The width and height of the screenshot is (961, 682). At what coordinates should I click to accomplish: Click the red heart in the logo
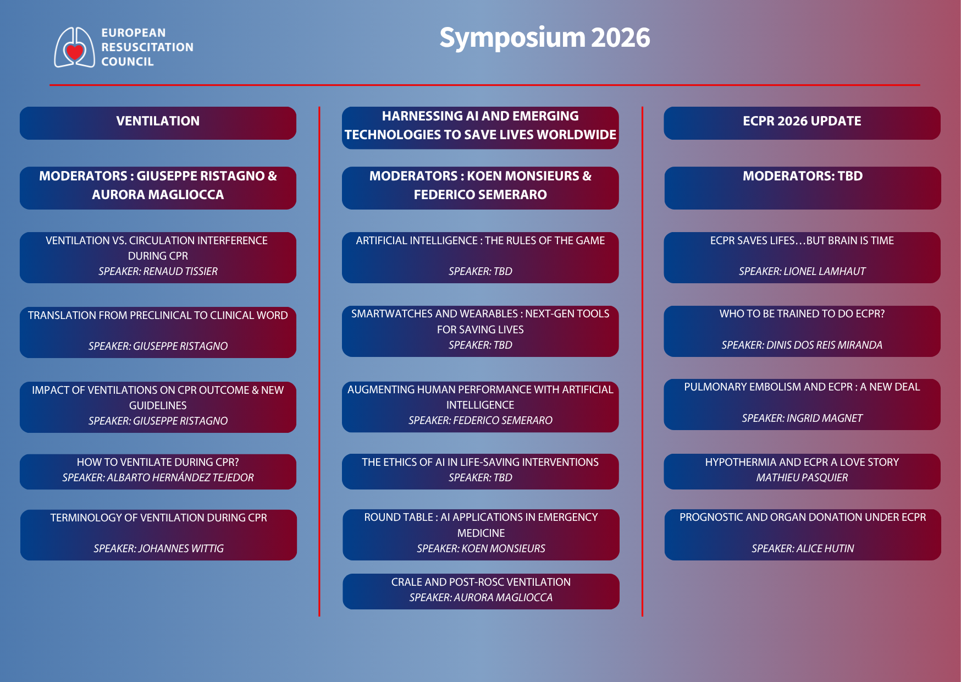click(74, 53)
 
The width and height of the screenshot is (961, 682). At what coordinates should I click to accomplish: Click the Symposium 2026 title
click(544, 38)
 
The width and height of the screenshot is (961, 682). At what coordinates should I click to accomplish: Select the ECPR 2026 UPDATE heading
click(802, 122)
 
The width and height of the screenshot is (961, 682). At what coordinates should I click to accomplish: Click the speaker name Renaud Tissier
click(180, 271)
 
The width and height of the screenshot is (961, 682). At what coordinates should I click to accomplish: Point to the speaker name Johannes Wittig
click(181, 548)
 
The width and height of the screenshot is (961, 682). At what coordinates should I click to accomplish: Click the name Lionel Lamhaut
click(824, 271)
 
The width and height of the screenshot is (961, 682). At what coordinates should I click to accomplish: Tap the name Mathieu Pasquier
click(802, 477)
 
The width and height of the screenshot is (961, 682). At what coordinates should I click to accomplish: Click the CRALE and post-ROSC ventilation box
click(481, 591)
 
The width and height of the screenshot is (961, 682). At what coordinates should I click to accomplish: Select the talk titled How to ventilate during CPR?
click(158, 462)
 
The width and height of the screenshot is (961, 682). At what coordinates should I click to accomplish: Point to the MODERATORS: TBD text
click(802, 176)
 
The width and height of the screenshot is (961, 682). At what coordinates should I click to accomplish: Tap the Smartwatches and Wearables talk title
click(480, 321)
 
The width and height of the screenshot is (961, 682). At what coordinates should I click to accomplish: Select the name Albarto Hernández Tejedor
click(180, 477)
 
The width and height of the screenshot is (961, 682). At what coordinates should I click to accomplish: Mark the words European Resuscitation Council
click(147, 47)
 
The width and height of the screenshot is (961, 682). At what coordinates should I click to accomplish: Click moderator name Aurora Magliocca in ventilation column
click(158, 195)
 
